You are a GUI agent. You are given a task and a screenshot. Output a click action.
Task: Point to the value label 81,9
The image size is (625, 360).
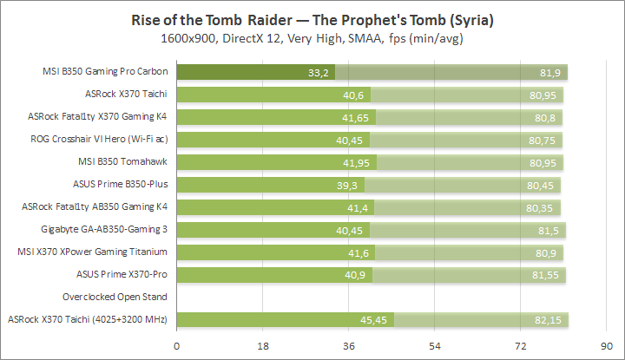click(550, 72)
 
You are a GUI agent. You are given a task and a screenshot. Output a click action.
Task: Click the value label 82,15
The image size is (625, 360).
click(550, 320)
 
